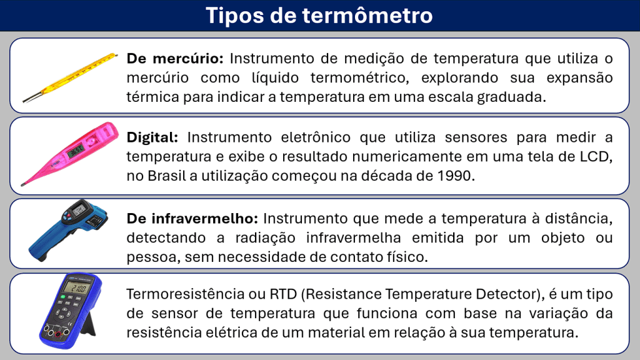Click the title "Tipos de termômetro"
[319, 16]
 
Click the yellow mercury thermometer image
[70, 77]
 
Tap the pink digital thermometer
[69, 154]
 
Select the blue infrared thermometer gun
[68, 230]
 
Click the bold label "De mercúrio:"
[175, 59]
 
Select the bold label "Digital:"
[152, 137]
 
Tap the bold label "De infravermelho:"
[192, 218]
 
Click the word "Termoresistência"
[185, 294]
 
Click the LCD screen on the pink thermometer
[76, 151]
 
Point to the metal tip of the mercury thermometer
[31, 98]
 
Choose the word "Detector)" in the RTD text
[508, 294]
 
